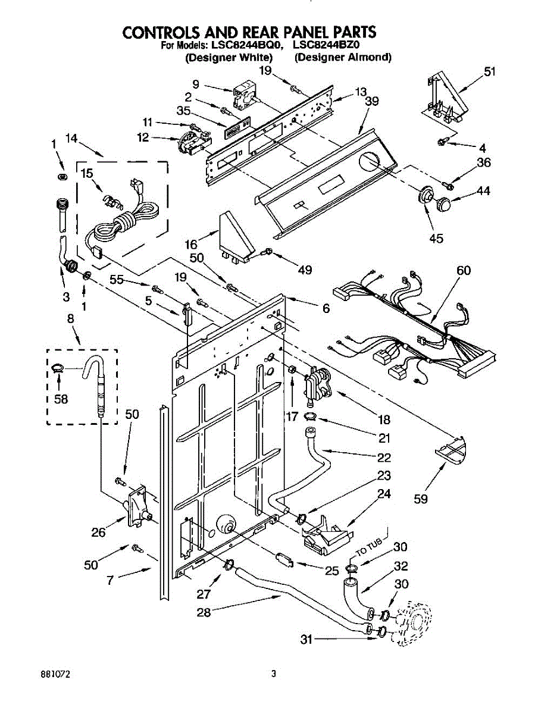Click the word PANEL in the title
pos(305,32)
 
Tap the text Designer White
pos(229,58)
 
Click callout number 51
pos(490,71)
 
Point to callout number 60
pos(464,270)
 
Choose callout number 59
pos(421,499)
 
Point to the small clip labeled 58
pos(58,368)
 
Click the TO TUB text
pos(370,547)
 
